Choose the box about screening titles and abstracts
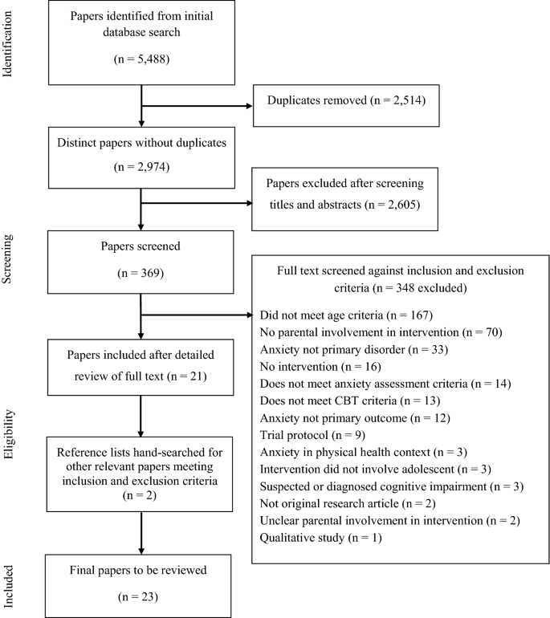click(347, 193)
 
